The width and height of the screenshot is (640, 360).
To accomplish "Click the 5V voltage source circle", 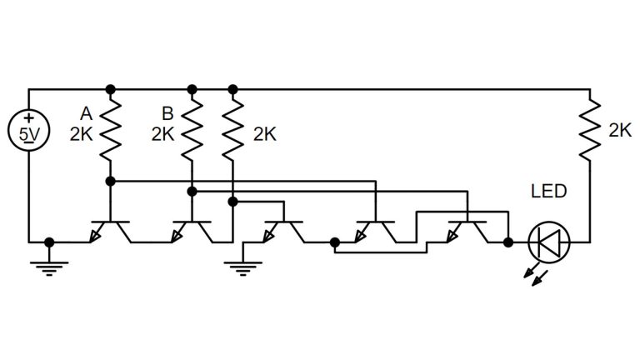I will (28, 132).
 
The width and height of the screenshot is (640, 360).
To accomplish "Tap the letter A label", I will (87, 112).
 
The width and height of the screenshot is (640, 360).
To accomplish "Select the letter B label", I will (167, 112).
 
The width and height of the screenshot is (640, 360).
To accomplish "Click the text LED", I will (548, 192).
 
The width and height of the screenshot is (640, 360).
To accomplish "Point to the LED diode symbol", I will (550, 242).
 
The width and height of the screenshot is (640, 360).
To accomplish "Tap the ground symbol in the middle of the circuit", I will (242, 267).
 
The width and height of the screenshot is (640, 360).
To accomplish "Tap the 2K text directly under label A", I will (82, 133).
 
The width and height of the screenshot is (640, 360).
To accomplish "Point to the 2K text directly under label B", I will (163, 133).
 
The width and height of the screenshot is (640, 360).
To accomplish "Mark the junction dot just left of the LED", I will (508, 242).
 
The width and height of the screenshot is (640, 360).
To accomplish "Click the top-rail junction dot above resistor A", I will (110, 88).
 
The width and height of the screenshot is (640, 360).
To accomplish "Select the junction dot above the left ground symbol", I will (49, 242).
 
